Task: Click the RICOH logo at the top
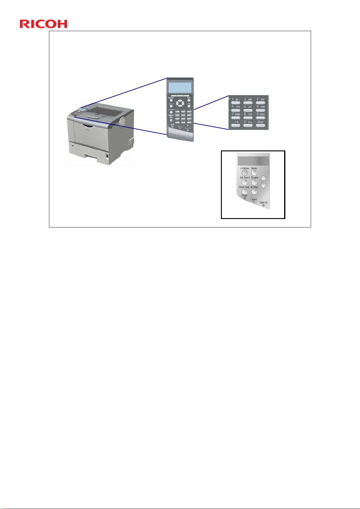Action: coord(44,24)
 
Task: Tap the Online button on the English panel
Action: coord(244,173)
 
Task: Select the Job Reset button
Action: coord(245,182)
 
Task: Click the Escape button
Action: coord(254,182)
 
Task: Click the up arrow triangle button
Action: coord(263,179)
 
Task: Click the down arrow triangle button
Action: coord(263,186)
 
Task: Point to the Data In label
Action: coord(264,203)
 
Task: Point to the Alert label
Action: coord(254,200)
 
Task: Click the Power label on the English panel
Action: coord(245,195)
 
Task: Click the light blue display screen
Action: coord(180,88)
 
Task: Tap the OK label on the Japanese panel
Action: coord(189,104)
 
